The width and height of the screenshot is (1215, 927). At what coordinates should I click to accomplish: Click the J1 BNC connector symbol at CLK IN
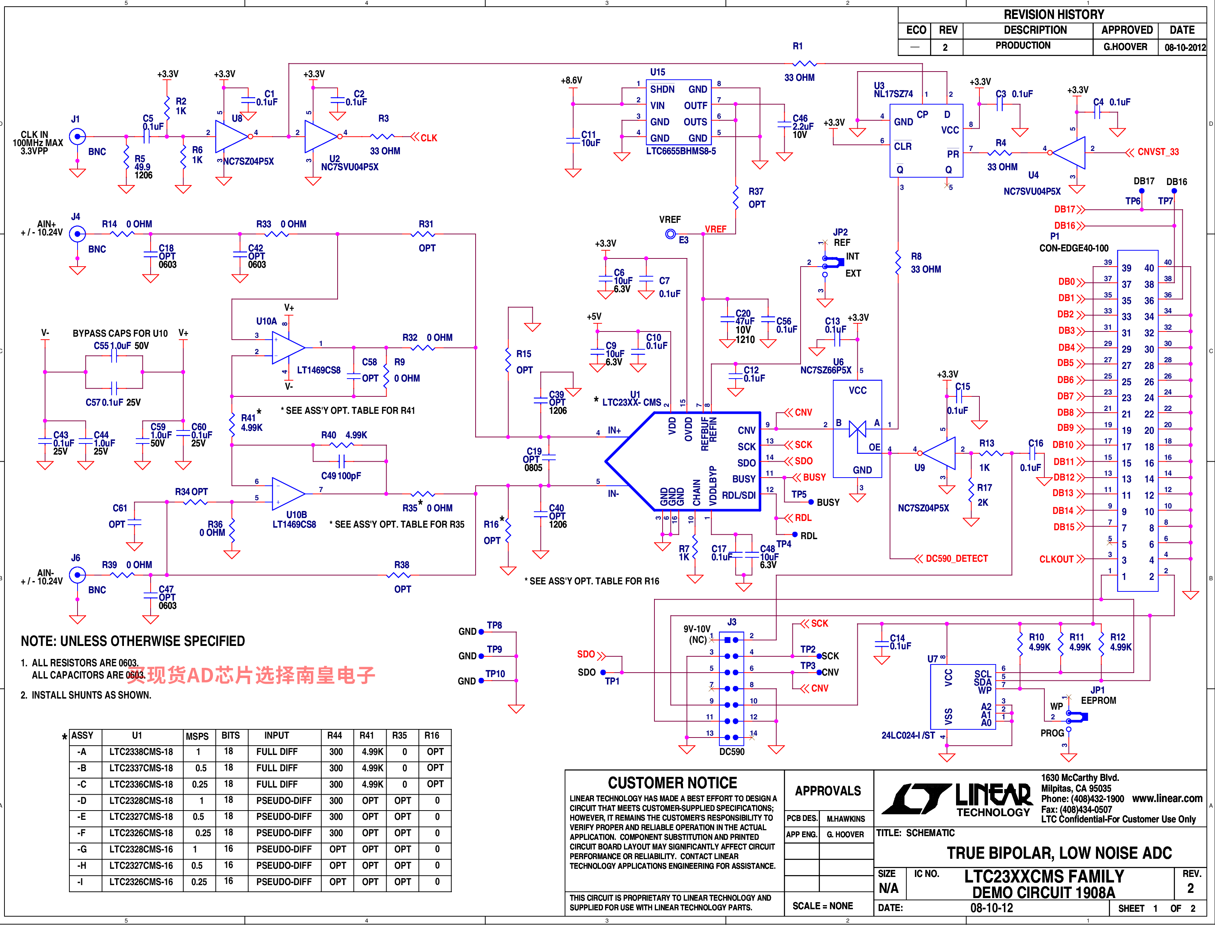click(77, 136)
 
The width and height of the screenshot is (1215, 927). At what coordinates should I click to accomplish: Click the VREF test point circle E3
click(670, 234)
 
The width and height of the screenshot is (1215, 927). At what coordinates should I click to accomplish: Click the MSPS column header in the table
click(197, 736)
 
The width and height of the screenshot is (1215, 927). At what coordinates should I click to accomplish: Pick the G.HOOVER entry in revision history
click(1125, 47)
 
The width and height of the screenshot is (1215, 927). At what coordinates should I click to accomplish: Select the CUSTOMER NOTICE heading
click(672, 783)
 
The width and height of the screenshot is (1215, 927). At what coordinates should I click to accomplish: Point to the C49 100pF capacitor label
click(341, 476)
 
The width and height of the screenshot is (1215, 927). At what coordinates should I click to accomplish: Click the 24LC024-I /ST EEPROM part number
click(908, 735)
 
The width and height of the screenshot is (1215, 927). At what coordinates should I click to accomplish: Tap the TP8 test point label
click(494, 625)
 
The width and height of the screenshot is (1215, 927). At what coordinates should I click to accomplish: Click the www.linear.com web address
click(1167, 798)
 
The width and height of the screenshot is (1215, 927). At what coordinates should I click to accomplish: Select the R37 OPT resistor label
click(756, 198)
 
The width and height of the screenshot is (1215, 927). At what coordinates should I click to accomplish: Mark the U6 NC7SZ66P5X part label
click(826, 366)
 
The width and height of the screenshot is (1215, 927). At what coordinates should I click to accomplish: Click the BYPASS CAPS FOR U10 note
click(120, 333)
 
